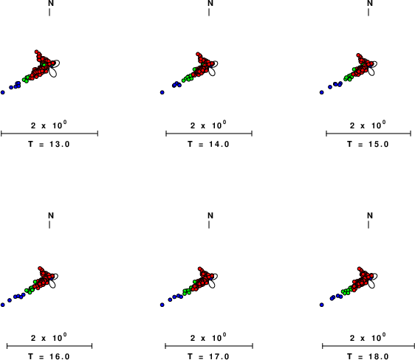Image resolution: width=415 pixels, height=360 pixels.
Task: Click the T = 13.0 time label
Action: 49,145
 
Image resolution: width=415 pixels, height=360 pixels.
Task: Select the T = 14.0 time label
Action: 208,145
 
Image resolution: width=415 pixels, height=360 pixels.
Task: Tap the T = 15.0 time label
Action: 368,145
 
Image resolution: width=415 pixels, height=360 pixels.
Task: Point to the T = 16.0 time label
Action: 49,356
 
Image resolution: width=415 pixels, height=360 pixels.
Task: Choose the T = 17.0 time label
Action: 208,356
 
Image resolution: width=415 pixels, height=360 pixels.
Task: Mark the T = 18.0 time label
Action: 368,356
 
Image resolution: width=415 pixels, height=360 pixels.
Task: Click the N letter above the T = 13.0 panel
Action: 51,3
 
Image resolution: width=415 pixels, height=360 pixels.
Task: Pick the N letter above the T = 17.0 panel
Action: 210,215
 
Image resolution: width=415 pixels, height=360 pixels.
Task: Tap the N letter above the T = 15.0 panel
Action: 370,3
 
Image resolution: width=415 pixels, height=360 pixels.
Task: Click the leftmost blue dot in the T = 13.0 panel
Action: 3,92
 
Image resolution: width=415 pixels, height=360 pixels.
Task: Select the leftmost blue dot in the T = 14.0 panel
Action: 162,92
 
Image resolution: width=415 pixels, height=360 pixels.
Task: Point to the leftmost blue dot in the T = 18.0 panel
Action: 321,305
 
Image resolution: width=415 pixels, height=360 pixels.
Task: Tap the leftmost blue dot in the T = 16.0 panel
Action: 3,305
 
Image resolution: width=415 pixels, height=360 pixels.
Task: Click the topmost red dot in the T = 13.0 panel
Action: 36,52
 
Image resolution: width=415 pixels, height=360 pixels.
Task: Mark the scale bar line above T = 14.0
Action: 209,134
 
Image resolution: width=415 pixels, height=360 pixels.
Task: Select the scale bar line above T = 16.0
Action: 49,346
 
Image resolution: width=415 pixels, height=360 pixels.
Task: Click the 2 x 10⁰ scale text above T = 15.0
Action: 368,125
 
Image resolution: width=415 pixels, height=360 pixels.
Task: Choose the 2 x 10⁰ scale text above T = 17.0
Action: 208,337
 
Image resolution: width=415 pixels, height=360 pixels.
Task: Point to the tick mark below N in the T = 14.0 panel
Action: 209,12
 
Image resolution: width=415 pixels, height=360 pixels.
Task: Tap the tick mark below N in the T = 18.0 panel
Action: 368,225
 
